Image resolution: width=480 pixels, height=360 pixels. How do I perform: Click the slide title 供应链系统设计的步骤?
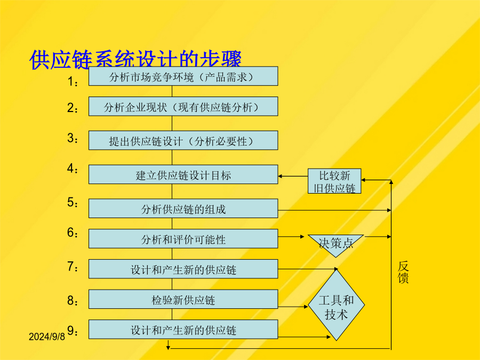coord(135,60)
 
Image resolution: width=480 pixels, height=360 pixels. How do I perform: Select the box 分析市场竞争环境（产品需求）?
coord(183,76)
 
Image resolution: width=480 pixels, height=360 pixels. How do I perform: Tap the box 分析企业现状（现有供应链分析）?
coord(183,107)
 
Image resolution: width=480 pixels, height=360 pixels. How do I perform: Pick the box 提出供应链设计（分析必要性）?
coord(183,140)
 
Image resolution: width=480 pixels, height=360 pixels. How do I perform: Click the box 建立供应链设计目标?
coord(183,174)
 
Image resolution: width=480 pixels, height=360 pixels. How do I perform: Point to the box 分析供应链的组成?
coord(183,209)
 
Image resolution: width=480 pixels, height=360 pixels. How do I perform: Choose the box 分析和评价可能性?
coord(183,239)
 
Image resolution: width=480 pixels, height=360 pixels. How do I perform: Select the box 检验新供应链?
coord(183,299)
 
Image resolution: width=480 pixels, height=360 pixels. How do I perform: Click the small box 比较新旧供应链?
coord(334,181)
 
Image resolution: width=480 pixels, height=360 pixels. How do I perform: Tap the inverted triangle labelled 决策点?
coord(335,243)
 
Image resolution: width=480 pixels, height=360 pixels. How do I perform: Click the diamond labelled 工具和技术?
coord(336,306)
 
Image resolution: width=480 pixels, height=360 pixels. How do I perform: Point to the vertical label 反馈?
coord(403,272)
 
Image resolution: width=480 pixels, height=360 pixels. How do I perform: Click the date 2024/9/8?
coord(46,337)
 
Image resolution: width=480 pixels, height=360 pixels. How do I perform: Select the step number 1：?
coord(73,82)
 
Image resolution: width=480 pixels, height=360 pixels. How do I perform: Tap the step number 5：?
coord(73,203)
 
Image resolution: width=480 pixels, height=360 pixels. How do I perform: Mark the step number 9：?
coord(73,331)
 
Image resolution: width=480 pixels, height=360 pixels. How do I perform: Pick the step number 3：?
coord(73,138)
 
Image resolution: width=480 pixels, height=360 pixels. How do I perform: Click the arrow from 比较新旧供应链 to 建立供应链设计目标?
coord(293,175)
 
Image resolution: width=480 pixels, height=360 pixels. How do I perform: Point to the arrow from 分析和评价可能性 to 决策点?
coord(292,236)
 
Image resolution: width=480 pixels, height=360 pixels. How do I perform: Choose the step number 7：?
coord(73,267)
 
